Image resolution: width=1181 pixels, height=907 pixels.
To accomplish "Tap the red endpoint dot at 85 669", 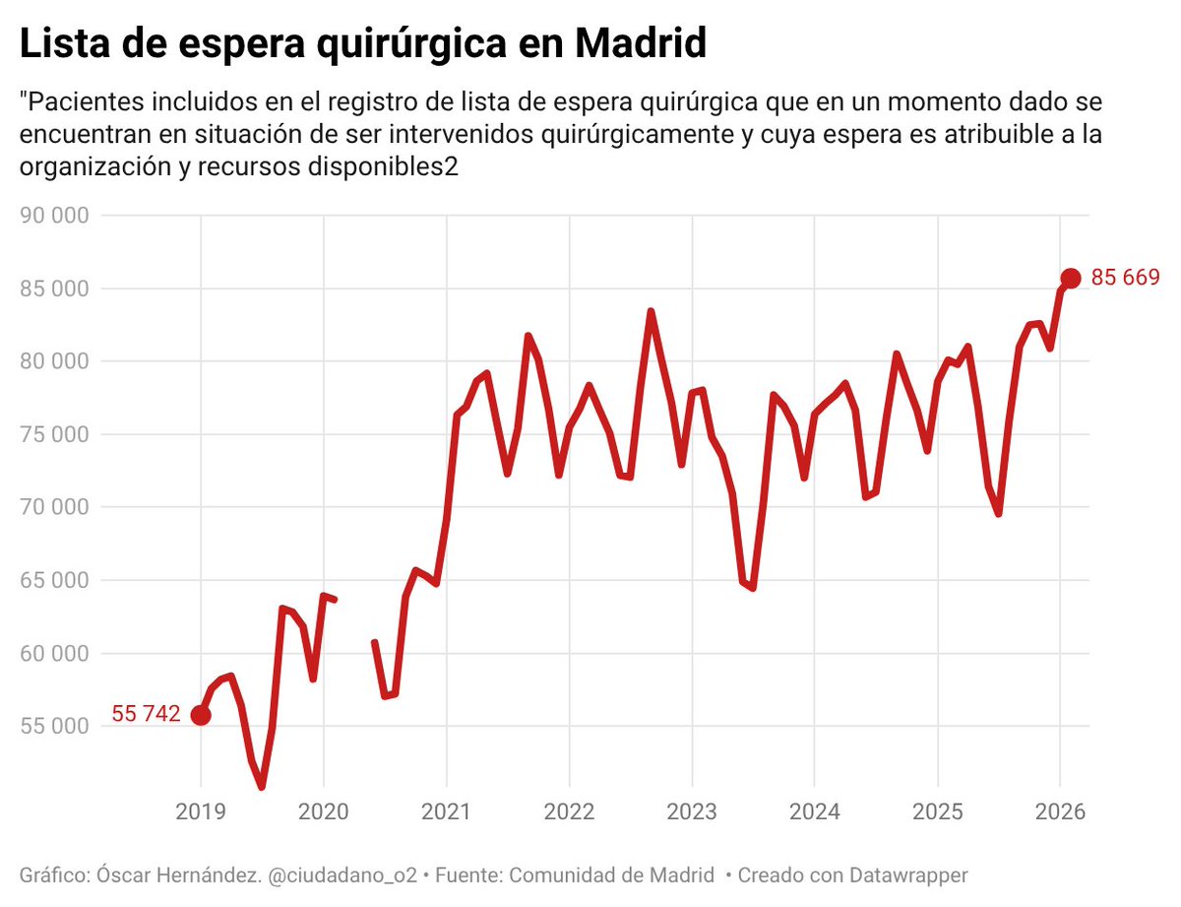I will tap(1071, 279).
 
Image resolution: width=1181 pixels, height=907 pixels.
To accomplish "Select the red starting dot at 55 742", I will tap(201, 715).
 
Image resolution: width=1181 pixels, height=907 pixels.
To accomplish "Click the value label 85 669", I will tap(1125, 279).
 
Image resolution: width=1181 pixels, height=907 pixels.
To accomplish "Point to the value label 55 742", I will tap(146, 715).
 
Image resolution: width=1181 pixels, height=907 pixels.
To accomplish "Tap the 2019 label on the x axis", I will tap(201, 813).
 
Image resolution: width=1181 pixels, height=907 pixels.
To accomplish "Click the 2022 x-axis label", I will tap(569, 813).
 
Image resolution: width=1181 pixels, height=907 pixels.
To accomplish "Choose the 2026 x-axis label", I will tap(1060, 813).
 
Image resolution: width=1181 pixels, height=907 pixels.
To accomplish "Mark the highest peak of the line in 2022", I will tap(651, 312).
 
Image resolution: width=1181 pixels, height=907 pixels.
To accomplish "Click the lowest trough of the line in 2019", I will tap(262, 786).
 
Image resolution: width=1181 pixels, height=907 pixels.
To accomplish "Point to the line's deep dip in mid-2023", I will tap(753, 588).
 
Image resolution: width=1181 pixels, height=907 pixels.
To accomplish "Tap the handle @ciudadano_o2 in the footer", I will tap(350, 875).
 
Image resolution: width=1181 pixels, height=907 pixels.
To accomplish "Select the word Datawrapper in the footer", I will tap(910, 875).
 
